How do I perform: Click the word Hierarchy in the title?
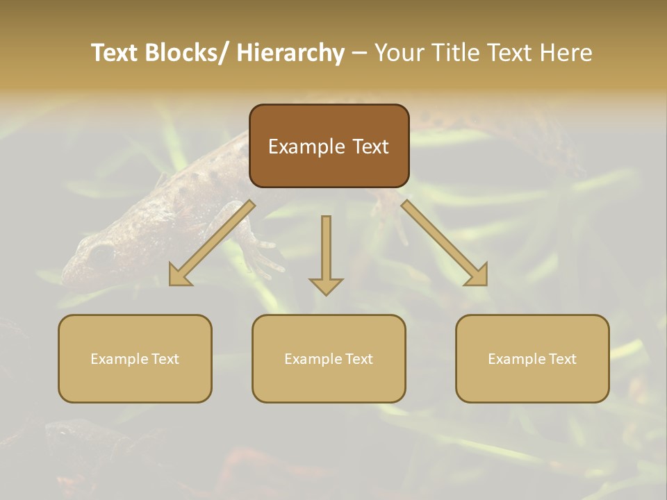(290, 53)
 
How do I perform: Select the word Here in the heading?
(566, 53)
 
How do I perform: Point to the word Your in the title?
(399, 53)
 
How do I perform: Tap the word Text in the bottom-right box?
(561, 359)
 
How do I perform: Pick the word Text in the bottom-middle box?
(358, 359)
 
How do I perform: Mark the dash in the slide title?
(359, 53)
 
